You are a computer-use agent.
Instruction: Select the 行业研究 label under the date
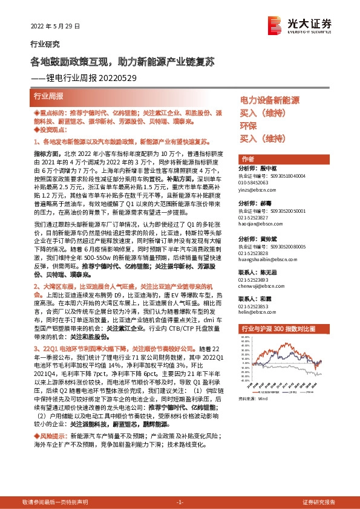tap(45, 44)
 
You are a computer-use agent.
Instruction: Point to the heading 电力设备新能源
tap(270, 100)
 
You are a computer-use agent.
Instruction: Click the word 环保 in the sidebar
tap(248, 126)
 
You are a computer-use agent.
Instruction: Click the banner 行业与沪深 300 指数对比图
tap(278, 328)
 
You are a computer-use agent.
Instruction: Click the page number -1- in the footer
tap(180, 502)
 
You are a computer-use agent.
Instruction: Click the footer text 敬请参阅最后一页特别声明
tap(55, 502)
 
